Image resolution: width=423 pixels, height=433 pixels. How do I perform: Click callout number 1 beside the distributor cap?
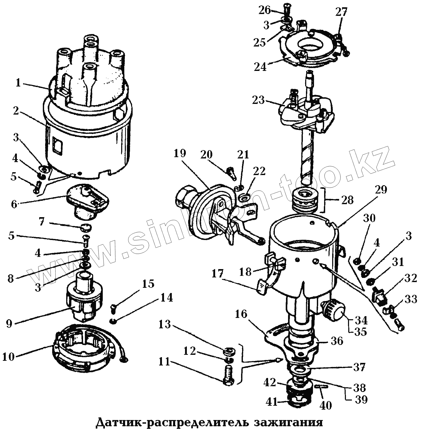click(18, 83)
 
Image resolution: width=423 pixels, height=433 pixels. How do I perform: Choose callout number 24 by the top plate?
click(260, 67)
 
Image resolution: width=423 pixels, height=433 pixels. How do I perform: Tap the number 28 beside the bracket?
click(347, 200)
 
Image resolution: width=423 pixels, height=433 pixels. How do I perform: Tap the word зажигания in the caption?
click(288, 422)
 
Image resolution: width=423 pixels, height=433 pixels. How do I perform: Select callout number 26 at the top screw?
click(265, 10)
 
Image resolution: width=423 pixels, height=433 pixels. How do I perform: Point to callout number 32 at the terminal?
click(410, 278)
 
